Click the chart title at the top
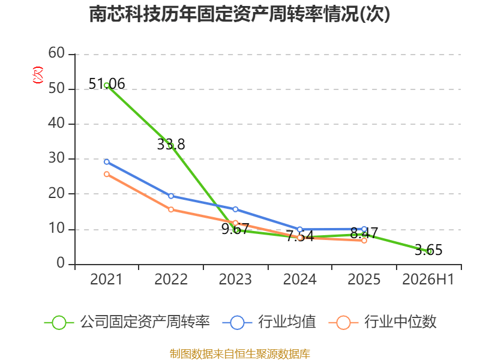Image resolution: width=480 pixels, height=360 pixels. coord(239,14)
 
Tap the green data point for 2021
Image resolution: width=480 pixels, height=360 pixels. coord(107,85)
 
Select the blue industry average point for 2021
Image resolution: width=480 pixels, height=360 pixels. coord(107,161)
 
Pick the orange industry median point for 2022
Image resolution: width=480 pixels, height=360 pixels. coord(171,209)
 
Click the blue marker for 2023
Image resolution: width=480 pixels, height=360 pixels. coord(235,209)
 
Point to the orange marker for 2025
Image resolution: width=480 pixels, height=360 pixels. coord(364,241)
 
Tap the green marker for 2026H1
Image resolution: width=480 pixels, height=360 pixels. coord(429,251)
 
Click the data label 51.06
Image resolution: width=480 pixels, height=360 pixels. coord(107,83)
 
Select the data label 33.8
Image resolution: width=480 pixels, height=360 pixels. coord(171,144)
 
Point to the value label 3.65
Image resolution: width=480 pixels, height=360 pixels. coord(428,250)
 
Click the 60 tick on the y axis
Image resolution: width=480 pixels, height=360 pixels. coord(56,53)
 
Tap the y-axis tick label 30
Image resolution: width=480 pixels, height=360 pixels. coord(56,158)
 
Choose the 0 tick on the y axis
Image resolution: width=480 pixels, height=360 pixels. coord(61,263)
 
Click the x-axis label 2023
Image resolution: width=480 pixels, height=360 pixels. coord(235,279)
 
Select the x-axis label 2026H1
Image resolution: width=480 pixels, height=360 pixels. coord(428,279)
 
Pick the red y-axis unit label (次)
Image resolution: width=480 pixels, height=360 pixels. coord(38,75)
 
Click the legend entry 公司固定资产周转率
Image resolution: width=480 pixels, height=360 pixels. coord(127,322)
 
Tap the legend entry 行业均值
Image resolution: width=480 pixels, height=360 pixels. coord(269,322)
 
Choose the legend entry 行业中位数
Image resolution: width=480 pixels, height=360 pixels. coord(382,322)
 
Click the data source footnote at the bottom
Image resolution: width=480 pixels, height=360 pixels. coord(240,353)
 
